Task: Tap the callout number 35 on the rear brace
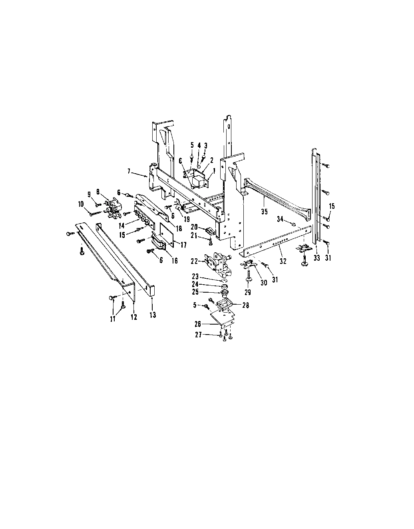pyautogui.click(x=264, y=212)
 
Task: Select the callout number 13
pyautogui.click(x=153, y=315)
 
